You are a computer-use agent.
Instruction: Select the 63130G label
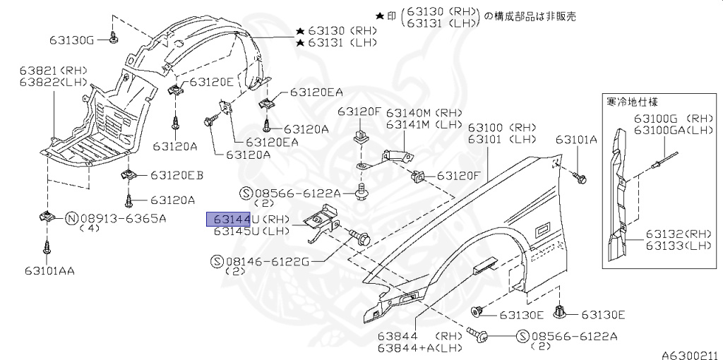point(71,40)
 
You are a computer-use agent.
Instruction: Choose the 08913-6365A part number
point(123,218)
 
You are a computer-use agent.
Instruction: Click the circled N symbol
point(71,218)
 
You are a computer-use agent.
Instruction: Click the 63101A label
point(575,140)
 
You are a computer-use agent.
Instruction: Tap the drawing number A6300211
point(689,354)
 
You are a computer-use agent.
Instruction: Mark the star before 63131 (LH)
point(301,44)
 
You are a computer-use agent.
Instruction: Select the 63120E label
point(211,82)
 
